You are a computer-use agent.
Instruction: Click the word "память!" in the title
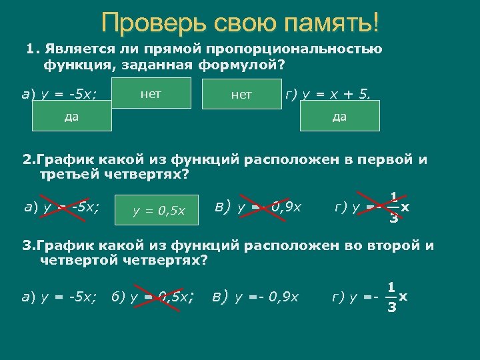coord(331,24)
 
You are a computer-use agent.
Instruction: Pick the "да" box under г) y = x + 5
coord(340,116)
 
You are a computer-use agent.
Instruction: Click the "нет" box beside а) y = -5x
coord(151,93)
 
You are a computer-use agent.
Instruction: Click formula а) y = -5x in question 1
coord(58,93)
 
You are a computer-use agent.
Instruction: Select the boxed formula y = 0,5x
coord(159,211)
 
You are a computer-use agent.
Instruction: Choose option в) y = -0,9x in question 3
coord(256,295)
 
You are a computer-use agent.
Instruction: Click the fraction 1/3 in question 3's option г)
coord(393,297)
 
